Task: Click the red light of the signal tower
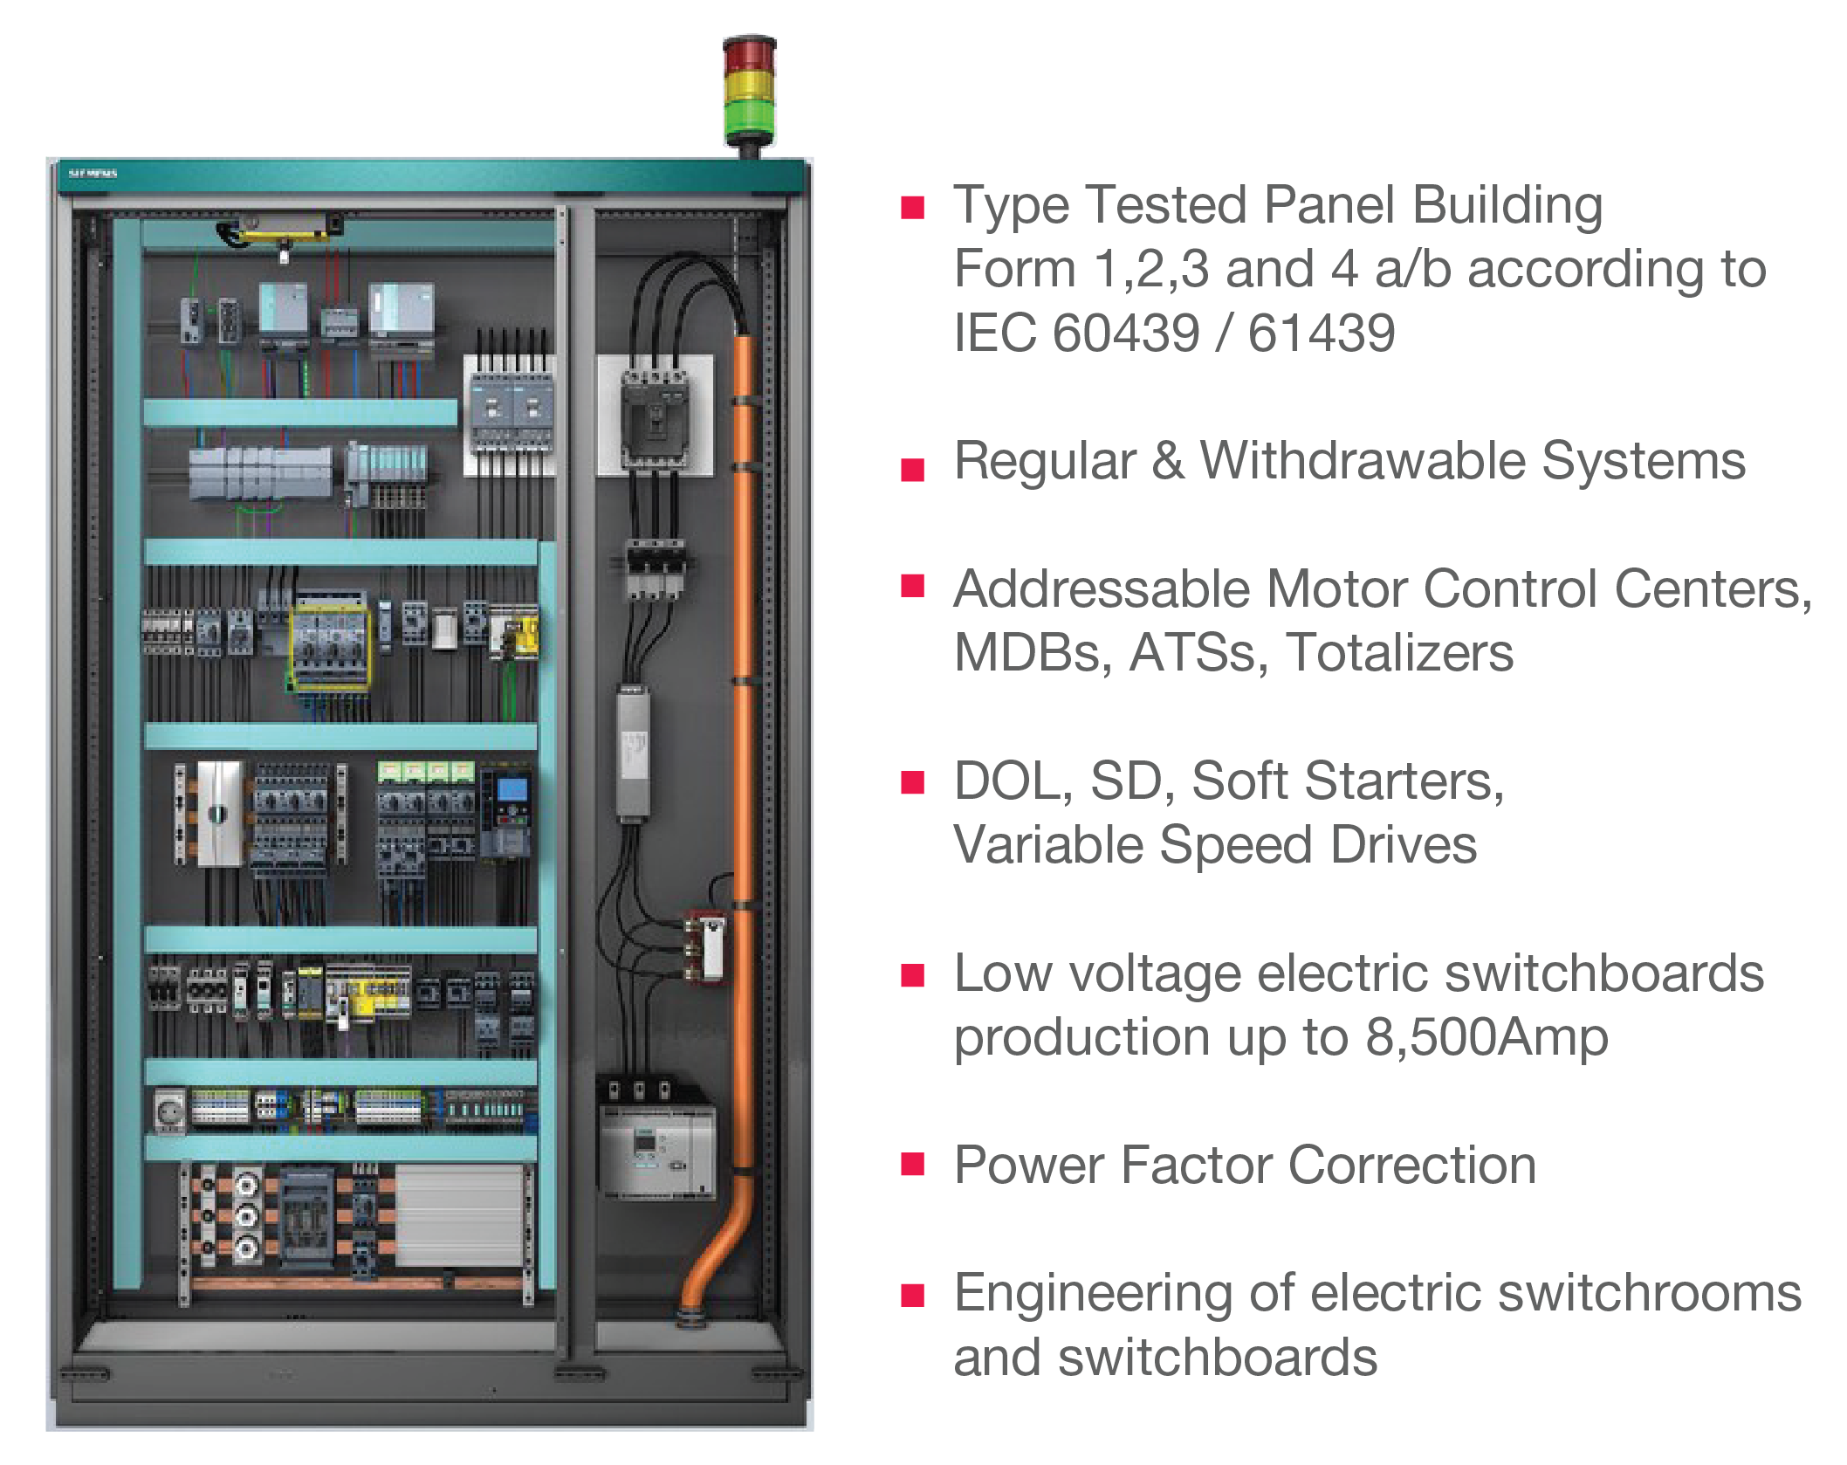click(x=749, y=54)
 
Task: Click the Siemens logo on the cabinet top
click(x=93, y=174)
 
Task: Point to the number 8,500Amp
click(x=1487, y=1036)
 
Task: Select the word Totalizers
click(x=1400, y=652)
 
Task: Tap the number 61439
click(x=1322, y=333)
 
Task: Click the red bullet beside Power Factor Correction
click(x=912, y=1166)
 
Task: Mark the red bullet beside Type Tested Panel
click(x=912, y=207)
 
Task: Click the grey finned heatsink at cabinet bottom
click(x=460, y=1214)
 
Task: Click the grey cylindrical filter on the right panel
click(x=633, y=753)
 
